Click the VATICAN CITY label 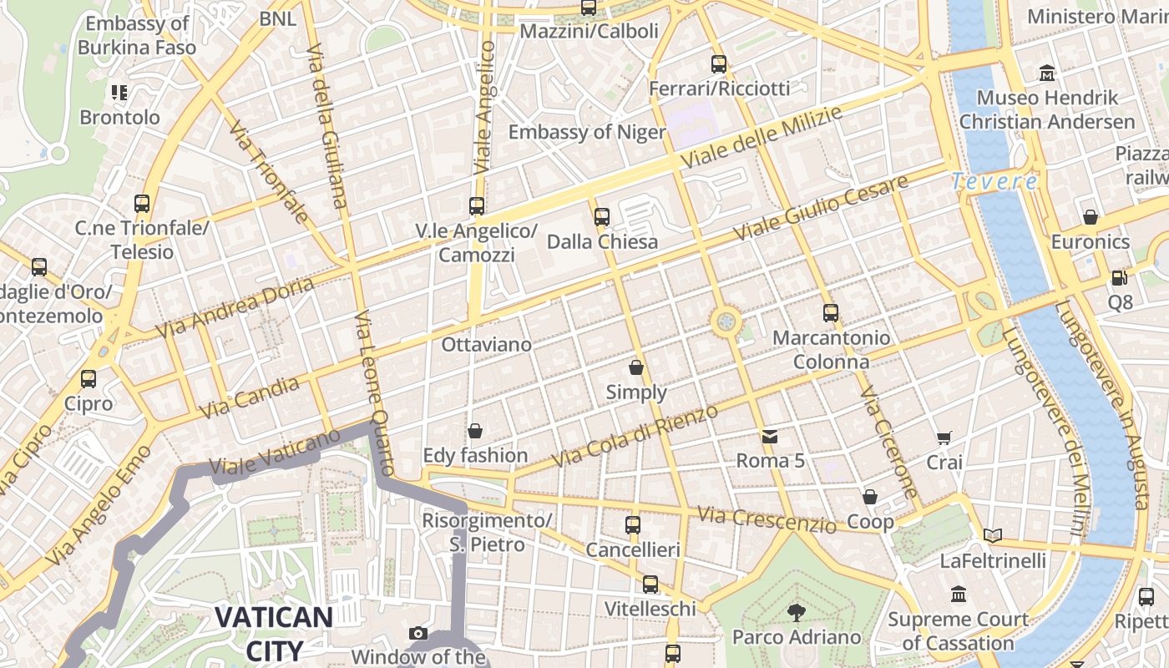pyautogui.click(x=274, y=633)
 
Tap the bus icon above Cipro pyautogui.click(x=89, y=379)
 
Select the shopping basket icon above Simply pyautogui.click(x=636, y=367)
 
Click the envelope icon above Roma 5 pyautogui.click(x=769, y=436)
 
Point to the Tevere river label pyautogui.click(x=994, y=181)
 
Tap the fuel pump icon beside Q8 pyautogui.click(x=1119, y=277)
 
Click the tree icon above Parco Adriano pyautogui.click(x=796, y=613)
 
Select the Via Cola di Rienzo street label pyautogui.click(x=635, y=436)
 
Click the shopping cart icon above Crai pyautogui.click(x=944, y=438)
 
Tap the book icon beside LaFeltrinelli pyautogui.click(x=992, y=535)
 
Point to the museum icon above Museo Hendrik pyautogui.click(x=1047, y=73)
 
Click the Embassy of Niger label pyautogui.click(x=587, y=132)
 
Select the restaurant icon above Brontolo pyautogui.click(x=119, y=93)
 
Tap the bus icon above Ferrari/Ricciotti pyautogui.click(x=719, y=64)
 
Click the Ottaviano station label pyautogui.click(x=486, y=344)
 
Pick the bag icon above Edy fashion pyautogui.click(x=475, y=431)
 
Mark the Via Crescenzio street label pyautogui.click(x=767, y=520)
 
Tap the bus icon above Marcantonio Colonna pyautogui.click(x=831, y=313)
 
